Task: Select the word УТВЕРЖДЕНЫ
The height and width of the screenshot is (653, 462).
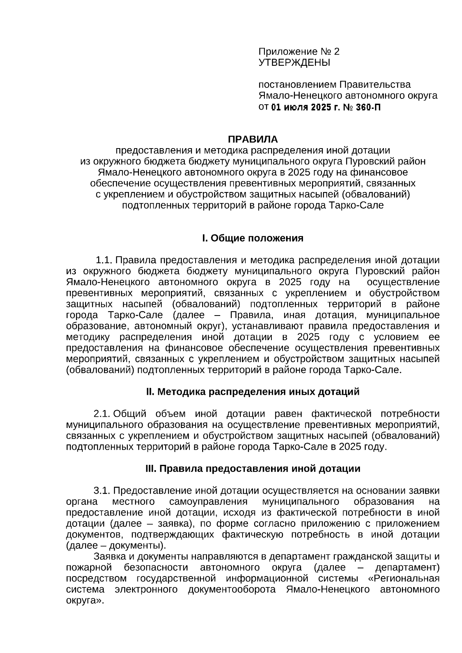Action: point(294,62)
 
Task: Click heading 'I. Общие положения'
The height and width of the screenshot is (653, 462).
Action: point(253,238)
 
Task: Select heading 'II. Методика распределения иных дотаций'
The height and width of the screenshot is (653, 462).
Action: point(253,392)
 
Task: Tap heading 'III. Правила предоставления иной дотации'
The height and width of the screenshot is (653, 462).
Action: point(253,469)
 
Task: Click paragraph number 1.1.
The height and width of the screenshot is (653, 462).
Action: point(104,261)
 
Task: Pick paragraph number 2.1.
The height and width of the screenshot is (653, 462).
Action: point(102,414)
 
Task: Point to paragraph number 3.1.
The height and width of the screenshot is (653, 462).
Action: point(102,491)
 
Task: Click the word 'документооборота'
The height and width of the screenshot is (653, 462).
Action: point(232,590)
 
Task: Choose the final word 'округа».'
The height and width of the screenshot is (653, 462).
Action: point(85,601)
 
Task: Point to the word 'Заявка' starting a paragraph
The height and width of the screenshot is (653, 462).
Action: point(108,557)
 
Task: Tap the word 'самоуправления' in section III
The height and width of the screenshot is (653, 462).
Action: point(208,502)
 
